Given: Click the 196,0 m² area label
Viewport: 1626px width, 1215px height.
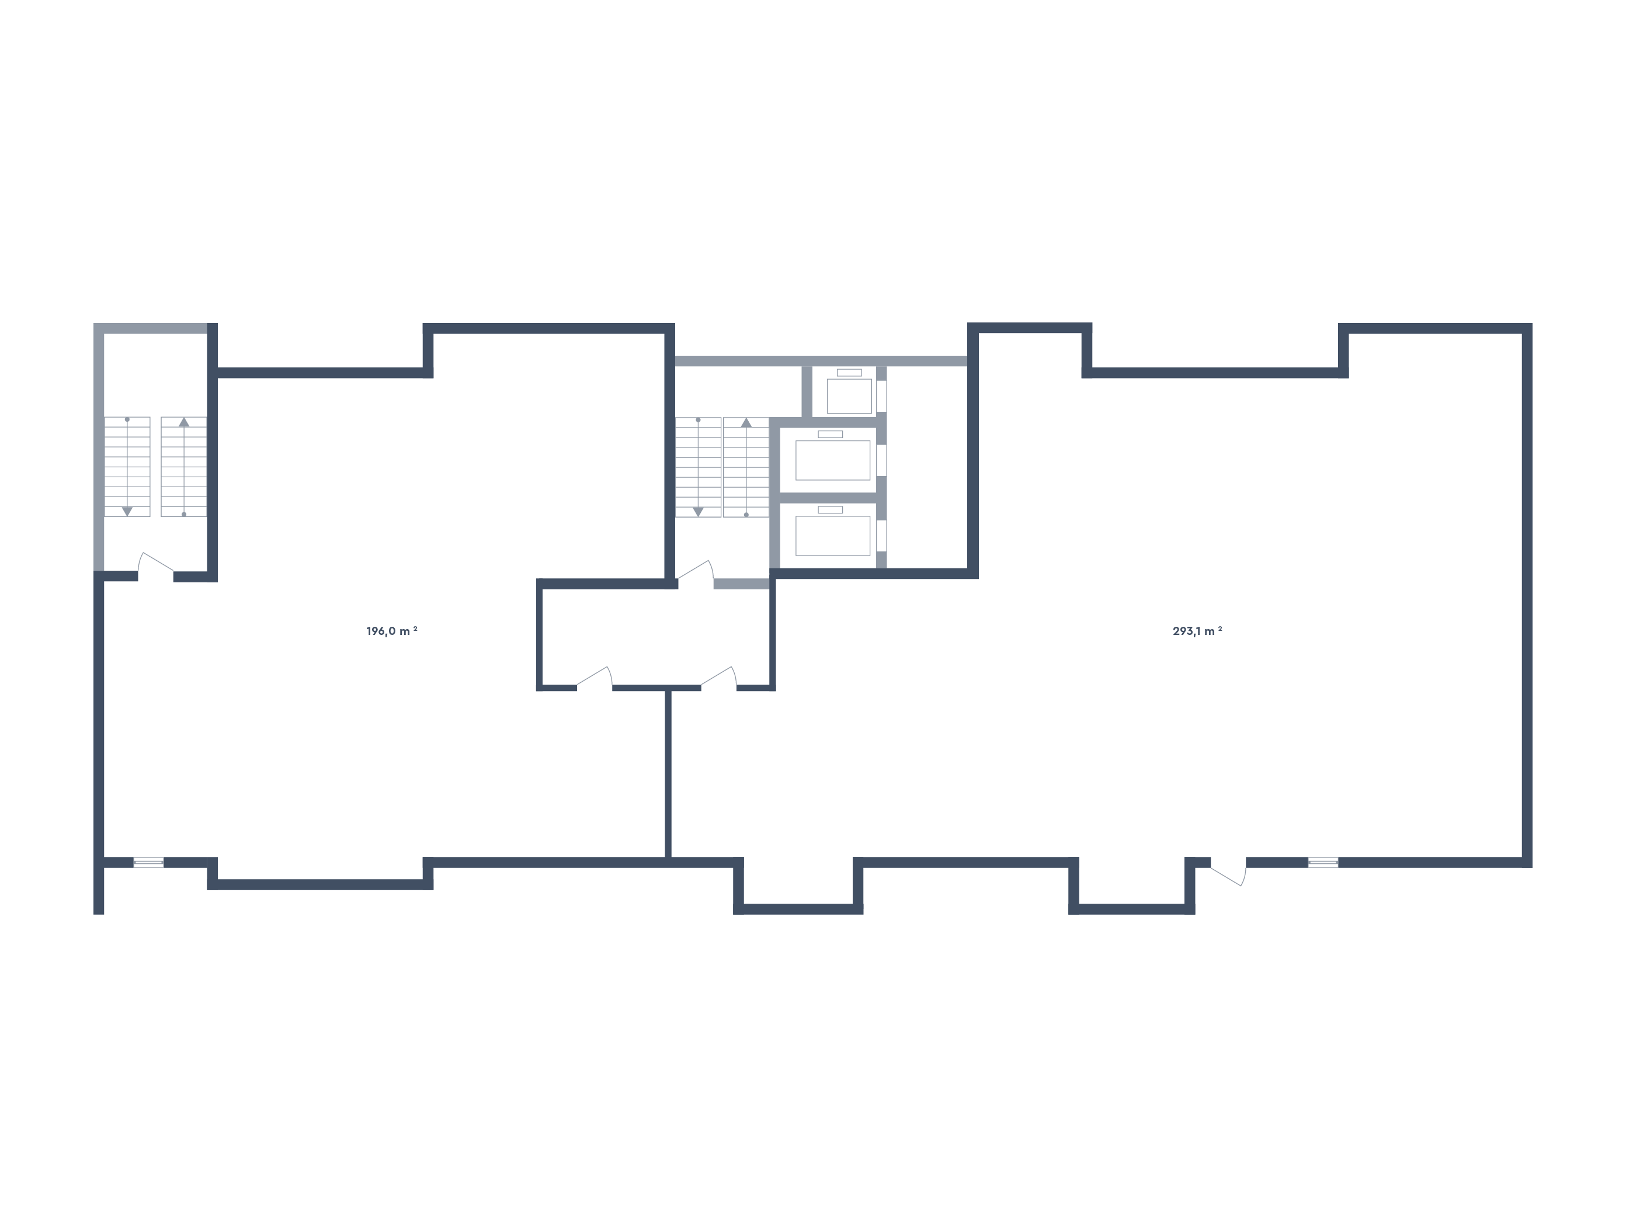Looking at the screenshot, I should tap(392, 631).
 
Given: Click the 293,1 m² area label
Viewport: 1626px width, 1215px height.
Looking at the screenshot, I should tap(1197, 631).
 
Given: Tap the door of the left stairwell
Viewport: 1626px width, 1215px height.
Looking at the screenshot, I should tap(156, 563).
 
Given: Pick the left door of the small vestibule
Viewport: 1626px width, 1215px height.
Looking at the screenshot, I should tap(594, 678).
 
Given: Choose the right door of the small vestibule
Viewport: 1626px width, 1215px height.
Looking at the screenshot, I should tap(718, 678).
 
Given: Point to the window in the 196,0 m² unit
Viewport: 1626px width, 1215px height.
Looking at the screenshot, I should tap(148, 862).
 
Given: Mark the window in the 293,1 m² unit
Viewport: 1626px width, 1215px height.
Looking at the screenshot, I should tap(1322, 862).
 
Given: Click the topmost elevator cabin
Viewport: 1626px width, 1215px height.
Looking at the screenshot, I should tap(849, 396).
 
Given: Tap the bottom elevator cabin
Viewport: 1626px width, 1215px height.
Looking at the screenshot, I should tap(833, 536).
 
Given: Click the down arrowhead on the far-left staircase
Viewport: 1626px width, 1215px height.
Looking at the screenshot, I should tap(127, 510).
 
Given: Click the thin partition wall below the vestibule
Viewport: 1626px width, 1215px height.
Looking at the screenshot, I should tap(668, 773).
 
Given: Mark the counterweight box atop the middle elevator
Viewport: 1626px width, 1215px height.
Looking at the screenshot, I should tap(831, 435).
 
